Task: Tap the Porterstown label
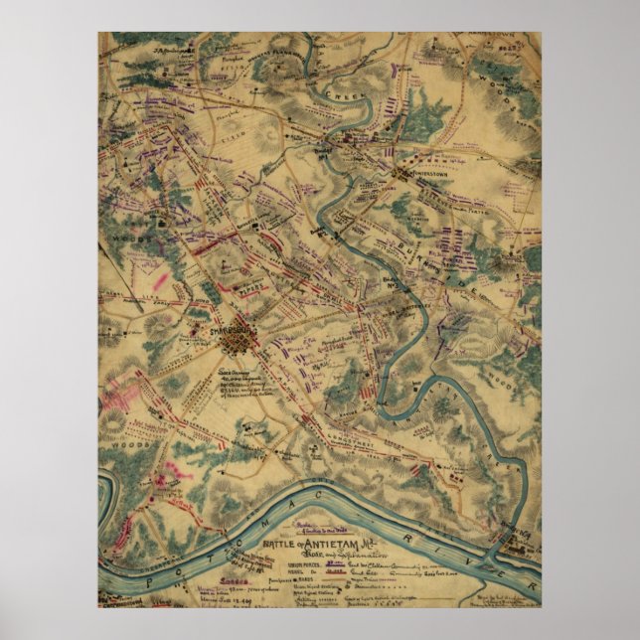pyautogui.click(x=423, y=185)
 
